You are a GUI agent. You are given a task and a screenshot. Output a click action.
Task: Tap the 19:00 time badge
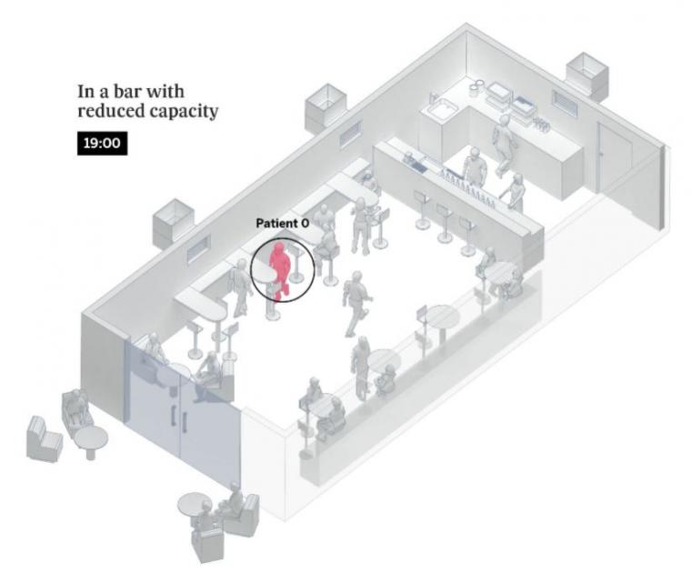coord(102,144)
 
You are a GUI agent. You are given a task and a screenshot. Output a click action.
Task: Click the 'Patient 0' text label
coord(283,223)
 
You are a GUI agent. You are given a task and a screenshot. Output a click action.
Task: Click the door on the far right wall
coord(614,158)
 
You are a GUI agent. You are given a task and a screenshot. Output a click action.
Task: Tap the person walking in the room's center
coord(356,303)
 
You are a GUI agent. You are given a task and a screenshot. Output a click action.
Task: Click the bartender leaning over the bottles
coord(475,166)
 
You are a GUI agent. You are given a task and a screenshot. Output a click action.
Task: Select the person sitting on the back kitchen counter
coord(504,145)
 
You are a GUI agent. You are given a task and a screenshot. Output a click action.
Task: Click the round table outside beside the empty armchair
coord(91,441)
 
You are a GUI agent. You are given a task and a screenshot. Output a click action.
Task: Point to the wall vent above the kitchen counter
coord(565,104)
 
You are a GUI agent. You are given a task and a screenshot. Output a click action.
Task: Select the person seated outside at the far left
coord(76,409)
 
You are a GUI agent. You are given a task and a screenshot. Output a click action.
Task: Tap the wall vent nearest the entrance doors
coord(199,248)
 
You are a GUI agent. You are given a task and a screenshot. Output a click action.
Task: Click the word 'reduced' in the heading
coord(110,110)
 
